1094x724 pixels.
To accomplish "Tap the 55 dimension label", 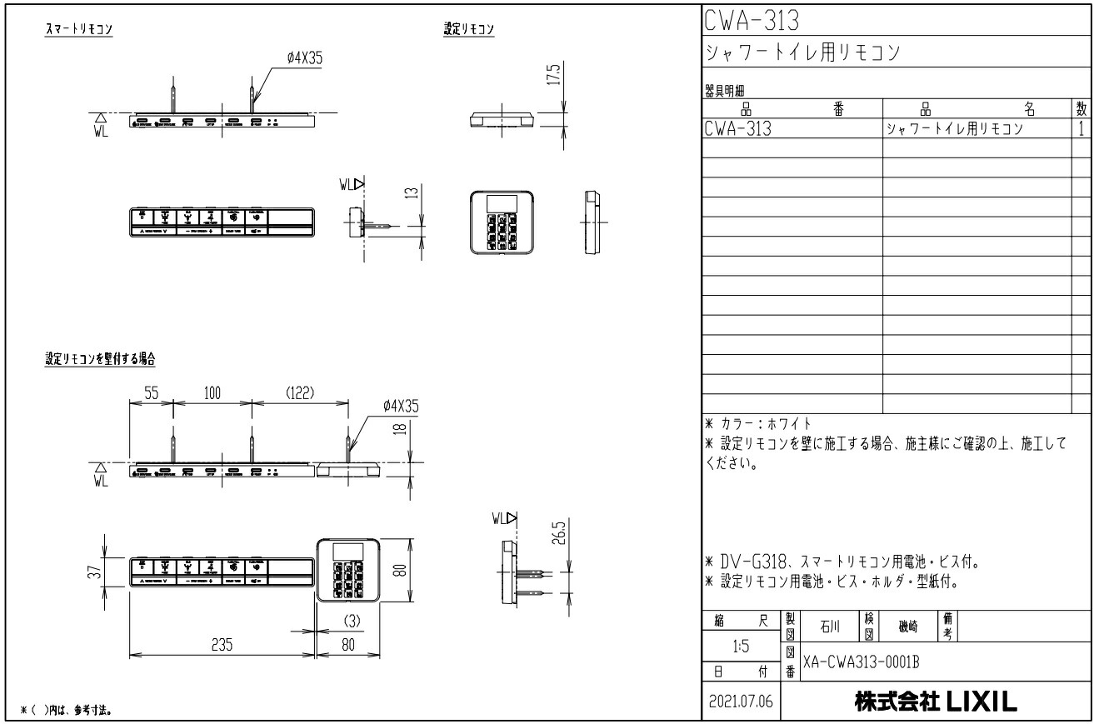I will [150, 393].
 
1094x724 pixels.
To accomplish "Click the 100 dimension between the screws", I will [212, 393].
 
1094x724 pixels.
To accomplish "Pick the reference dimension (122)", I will [299, 393].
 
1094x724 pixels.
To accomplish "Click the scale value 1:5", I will [739, 645].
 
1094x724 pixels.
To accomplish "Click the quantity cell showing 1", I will [1081, 129].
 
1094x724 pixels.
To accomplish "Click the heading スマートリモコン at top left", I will [80, 29].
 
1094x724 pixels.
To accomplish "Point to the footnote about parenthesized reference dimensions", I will [67, 710].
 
